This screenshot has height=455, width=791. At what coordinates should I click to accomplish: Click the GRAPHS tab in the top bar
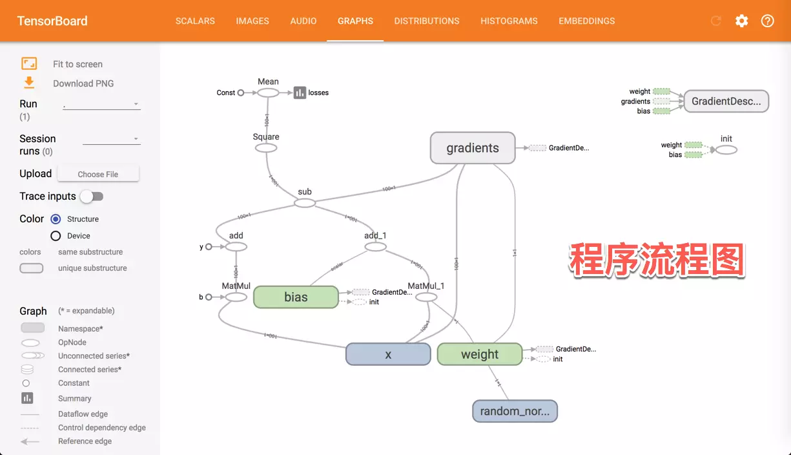tap(355, 21)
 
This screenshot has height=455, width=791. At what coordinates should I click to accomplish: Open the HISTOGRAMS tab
tap(509, 21)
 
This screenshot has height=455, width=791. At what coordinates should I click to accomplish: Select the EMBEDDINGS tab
tap(586, 21)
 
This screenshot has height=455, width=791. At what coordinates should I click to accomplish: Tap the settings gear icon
tap(741, 21)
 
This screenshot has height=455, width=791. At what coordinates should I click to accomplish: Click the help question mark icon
tap(767, 21)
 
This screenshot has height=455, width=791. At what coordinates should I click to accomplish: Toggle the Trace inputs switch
tap(92, 196)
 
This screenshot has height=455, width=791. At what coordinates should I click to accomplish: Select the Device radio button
tap(56, 236)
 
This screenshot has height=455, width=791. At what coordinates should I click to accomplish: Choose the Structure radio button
tap(56, 219)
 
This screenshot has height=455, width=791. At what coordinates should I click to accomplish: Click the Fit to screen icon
tap(29, 63)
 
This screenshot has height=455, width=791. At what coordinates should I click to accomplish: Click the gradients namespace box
tap(473, 148)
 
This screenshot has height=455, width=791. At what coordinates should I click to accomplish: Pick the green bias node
tap(296, 297)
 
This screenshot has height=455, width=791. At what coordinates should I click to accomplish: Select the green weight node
tap(480, 354)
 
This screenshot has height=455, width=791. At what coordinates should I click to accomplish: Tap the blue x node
tap(388, 354)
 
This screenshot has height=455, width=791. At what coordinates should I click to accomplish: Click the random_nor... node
tap(515, 411)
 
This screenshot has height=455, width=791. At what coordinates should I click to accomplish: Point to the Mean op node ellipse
tap(268, 92)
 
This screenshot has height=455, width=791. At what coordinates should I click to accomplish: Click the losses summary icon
tap(300, 92)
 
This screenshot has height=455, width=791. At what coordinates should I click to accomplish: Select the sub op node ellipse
tap(305, 203)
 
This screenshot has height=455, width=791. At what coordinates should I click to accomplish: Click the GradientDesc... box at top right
tap(726, 101)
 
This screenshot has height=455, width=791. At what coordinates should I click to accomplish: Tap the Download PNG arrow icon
tap(29, 83)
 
